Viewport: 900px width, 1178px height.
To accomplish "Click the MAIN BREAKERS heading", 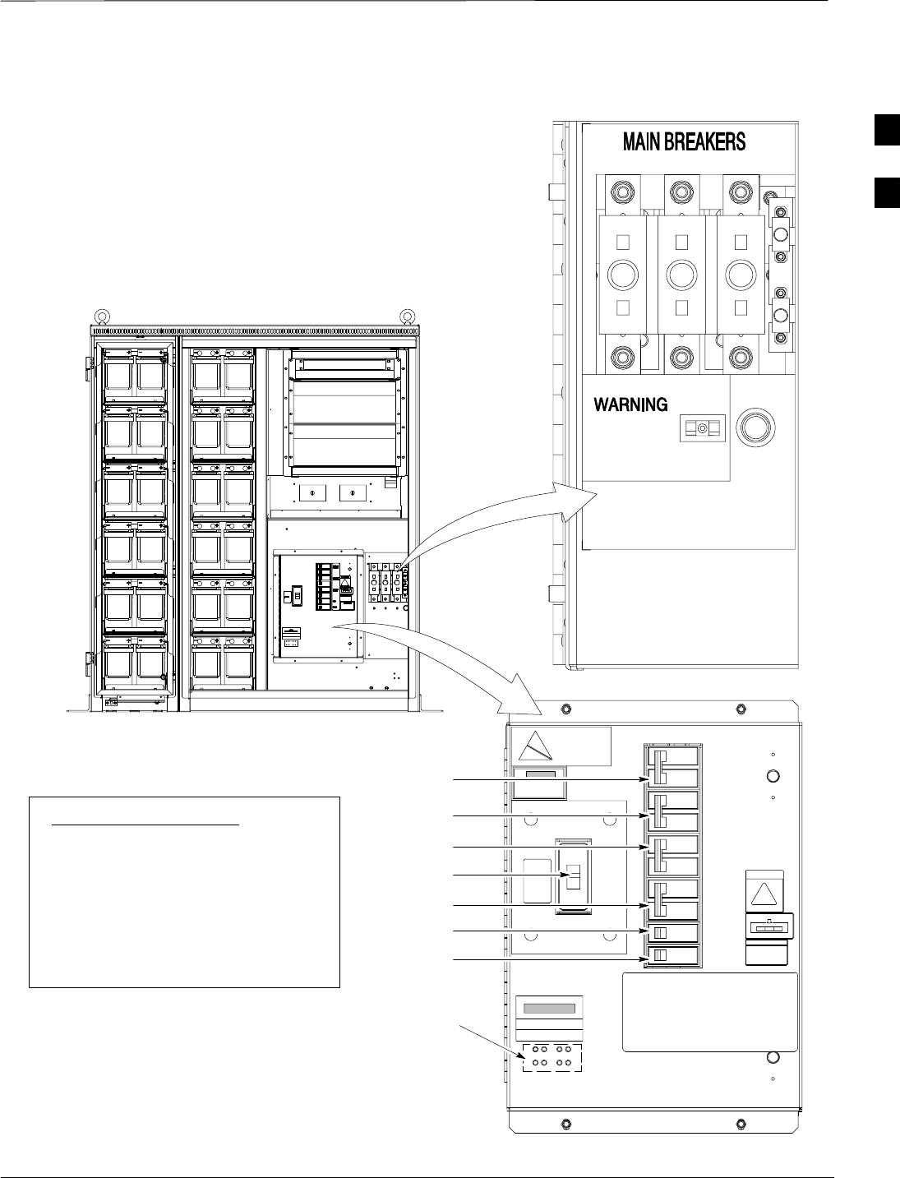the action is [684, 141].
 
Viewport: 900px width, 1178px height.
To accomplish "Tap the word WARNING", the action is [630, 404].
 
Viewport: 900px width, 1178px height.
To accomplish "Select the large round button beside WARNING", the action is [755, 427].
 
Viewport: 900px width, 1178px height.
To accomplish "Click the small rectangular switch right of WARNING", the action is [703, 427].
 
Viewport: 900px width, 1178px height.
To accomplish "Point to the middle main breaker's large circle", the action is [681, 275].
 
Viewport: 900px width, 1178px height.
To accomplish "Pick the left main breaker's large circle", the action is [623, 275].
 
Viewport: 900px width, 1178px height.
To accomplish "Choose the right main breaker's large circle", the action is [741, 275].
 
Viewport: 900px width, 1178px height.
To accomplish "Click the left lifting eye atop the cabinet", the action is [101, 316].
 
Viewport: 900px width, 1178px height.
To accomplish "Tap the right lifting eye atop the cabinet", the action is [408, 316].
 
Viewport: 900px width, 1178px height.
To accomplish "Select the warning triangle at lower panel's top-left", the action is [535, 746].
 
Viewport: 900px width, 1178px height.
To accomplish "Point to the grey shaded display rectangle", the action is [549, 1009].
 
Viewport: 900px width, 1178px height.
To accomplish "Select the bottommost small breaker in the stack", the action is [673, 954].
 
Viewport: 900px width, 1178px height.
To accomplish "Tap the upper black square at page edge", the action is [887, 130].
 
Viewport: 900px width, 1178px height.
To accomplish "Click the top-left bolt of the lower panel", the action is [565, 709].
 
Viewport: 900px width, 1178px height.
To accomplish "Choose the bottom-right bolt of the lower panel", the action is [741, 1123].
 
